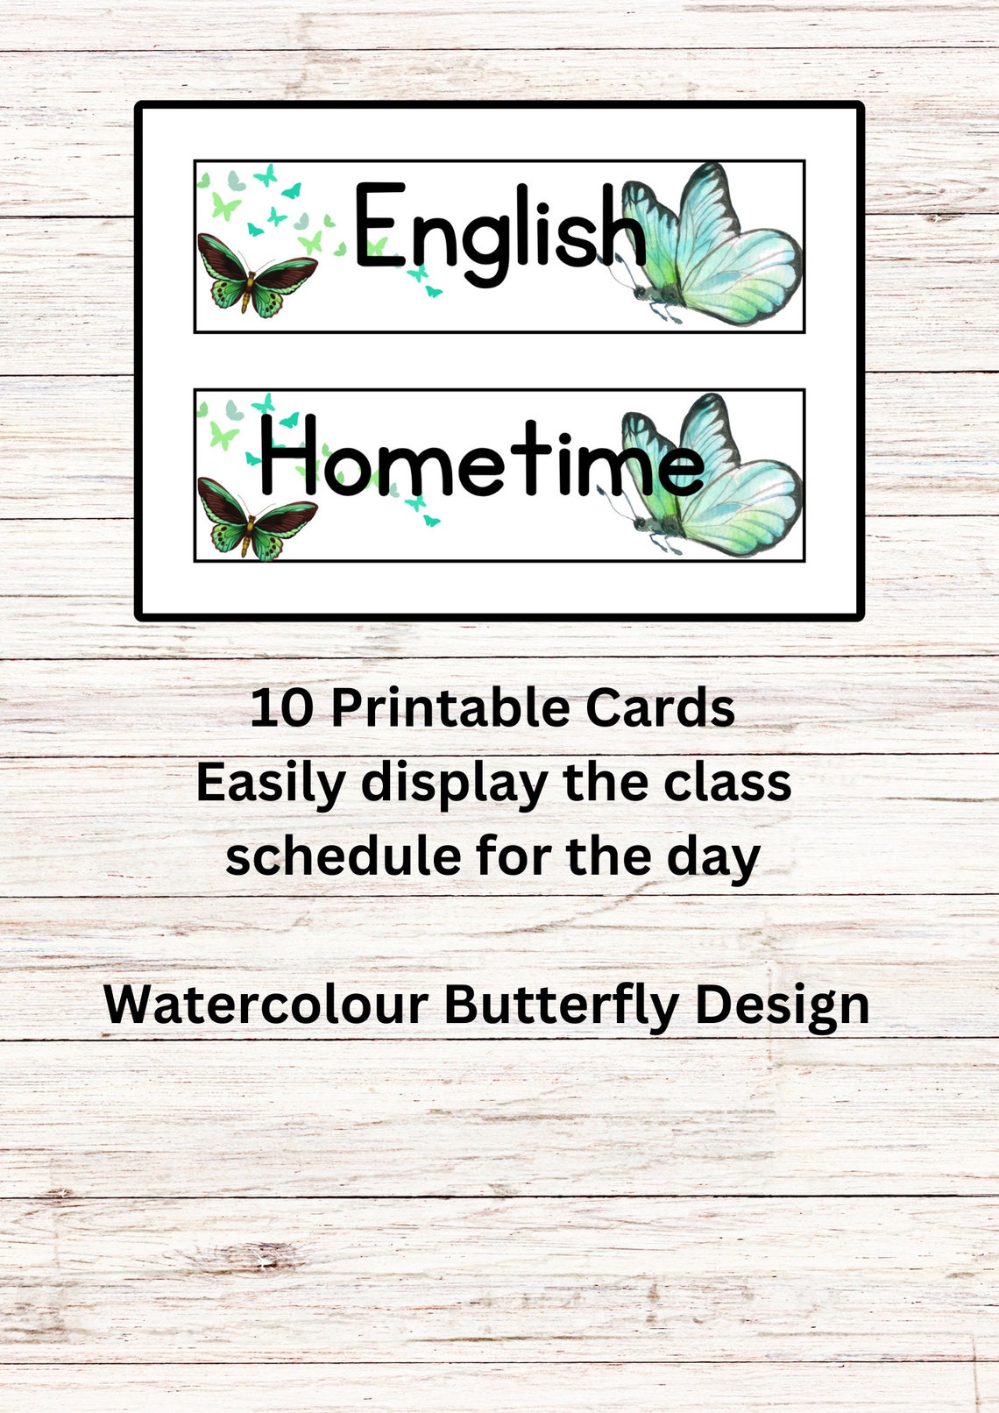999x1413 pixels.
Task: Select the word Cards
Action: (x=660, y=708)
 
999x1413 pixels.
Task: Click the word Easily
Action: (x=271, y=783)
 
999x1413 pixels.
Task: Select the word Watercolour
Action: (x=266, y=1005)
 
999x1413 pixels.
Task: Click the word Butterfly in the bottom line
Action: (x=561, y=1005)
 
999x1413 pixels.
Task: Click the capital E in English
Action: (x=377, y=225)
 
